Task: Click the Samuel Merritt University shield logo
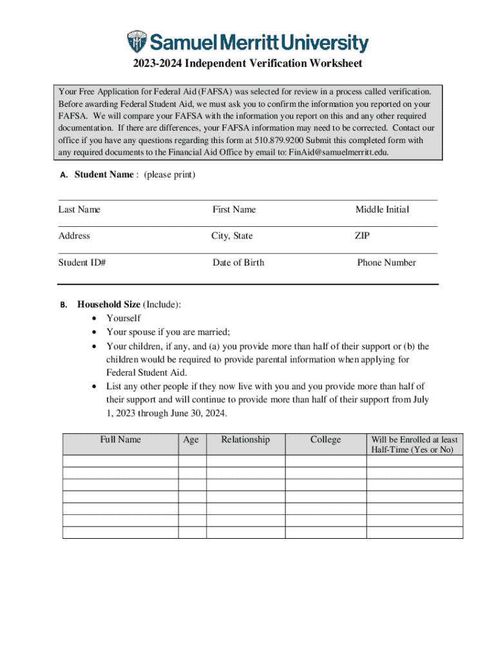[137, 42]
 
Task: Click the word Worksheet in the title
[330, 63]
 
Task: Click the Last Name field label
[79, 209]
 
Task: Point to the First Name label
[234, 209]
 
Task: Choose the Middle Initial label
[382, 209]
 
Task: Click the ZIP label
[362, 236]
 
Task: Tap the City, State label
[232, 236]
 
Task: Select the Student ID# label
[82, 262]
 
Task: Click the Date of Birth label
[238, 262]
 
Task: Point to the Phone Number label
[386, 262]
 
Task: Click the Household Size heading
[109, 304]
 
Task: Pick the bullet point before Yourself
[95, 318]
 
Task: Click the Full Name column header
[120, 440]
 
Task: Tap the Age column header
[191, 440]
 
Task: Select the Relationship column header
[245, 440]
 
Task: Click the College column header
[325, 440]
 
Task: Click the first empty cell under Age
[192, 461]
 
